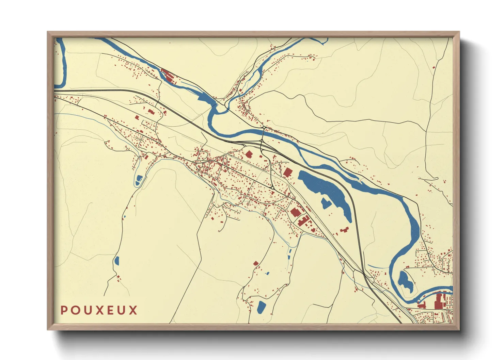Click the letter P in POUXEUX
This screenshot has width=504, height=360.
pos(64,310)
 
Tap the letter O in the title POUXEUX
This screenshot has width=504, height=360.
pos(75,310)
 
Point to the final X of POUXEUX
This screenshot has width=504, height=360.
pos(133,310)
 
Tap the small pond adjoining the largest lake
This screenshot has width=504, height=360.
pos(326,203)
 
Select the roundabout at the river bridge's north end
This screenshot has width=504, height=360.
pos(264,128)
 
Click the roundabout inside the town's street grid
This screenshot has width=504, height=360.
pos(273,188)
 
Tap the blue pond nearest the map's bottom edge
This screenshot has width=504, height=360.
pos(261,307)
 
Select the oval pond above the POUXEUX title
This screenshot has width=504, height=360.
pos(116,261)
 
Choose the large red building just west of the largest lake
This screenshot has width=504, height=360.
pos(288,172)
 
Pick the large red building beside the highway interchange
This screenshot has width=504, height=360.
pos(249,154)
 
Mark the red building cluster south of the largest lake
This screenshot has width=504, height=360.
pos(344,230)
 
